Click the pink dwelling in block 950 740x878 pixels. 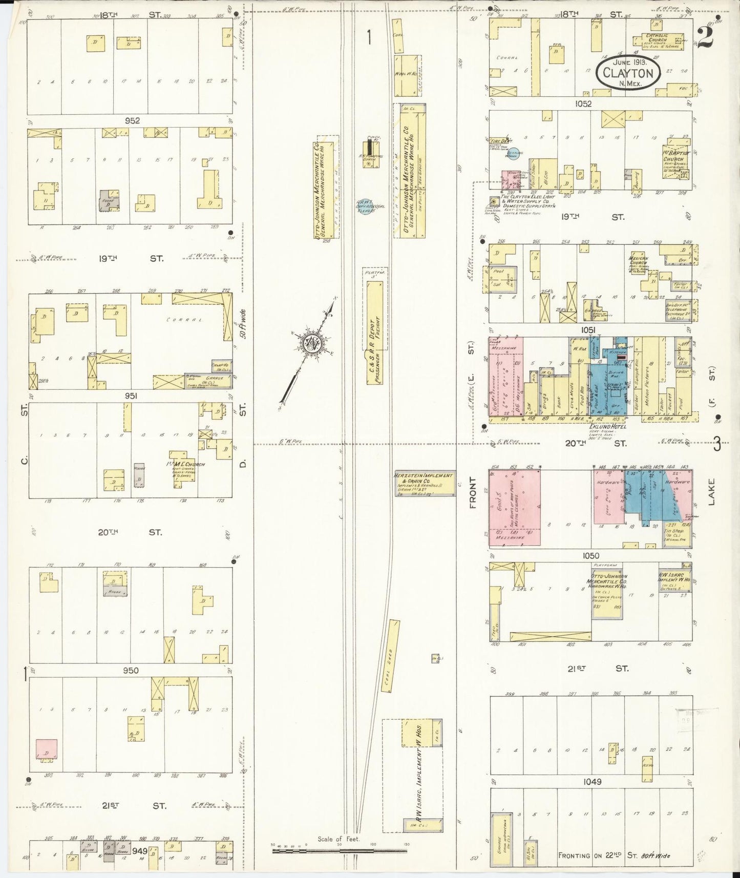tap(47, 749)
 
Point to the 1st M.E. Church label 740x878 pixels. tap(187, 465)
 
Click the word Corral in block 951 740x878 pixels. tap(178, 319)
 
